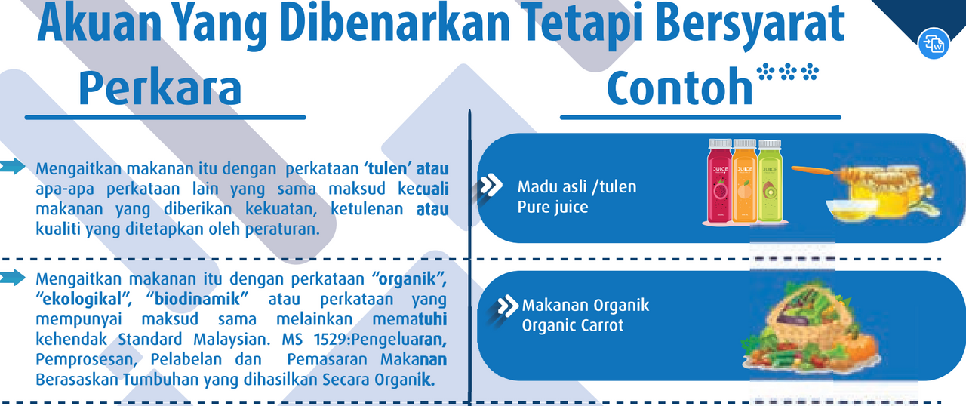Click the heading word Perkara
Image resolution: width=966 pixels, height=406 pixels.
pos(160,88)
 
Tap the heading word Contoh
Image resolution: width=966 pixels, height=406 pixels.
pos(680,87)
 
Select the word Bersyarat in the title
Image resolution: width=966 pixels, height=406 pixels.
pos(751,23)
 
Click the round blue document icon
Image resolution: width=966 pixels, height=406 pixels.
pos(934,44)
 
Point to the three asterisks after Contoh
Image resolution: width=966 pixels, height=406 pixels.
pos(787,72)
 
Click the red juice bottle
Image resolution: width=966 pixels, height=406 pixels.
pos(720,180)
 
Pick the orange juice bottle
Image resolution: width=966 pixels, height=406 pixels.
pos(745,180)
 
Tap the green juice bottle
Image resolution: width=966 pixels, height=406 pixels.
pos(770,180)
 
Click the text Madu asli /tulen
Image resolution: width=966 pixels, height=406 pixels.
pos(577,187)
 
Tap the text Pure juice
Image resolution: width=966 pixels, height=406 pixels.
pos(552,208)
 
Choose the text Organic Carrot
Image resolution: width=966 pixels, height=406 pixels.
pos(573,325)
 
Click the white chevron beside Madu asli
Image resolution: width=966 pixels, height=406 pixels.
pos(491,185)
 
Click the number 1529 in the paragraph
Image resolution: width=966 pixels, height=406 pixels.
pos(330,340)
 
